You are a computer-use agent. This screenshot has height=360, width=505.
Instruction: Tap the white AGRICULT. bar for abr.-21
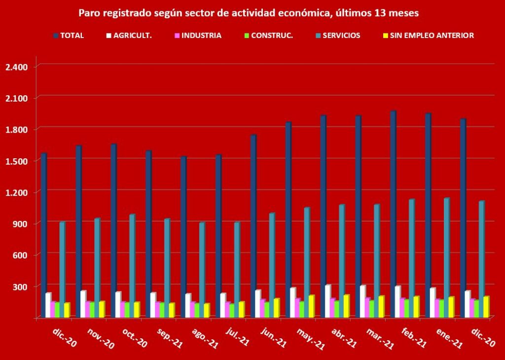pos(327,301)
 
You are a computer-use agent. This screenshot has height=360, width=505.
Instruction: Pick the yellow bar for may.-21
pos(311,306)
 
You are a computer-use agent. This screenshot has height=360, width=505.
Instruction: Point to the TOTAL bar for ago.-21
pos(183,237)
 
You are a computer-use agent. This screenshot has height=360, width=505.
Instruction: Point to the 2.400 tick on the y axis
pos(17,67)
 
